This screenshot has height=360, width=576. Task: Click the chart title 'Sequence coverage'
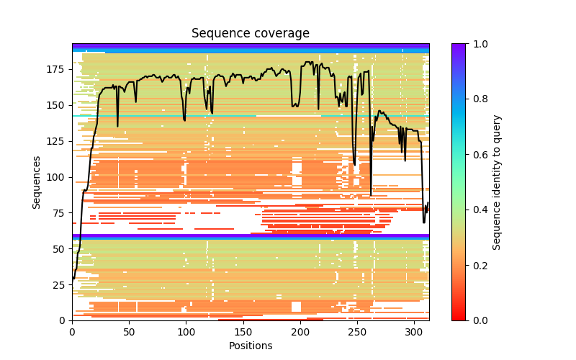click(x=250, y=34)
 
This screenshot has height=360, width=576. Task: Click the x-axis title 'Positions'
click(x=250, y=346)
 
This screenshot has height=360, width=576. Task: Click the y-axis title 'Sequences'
click(x=36, y=181)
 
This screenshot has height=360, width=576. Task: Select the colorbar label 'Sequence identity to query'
click(x=497, y=181)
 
